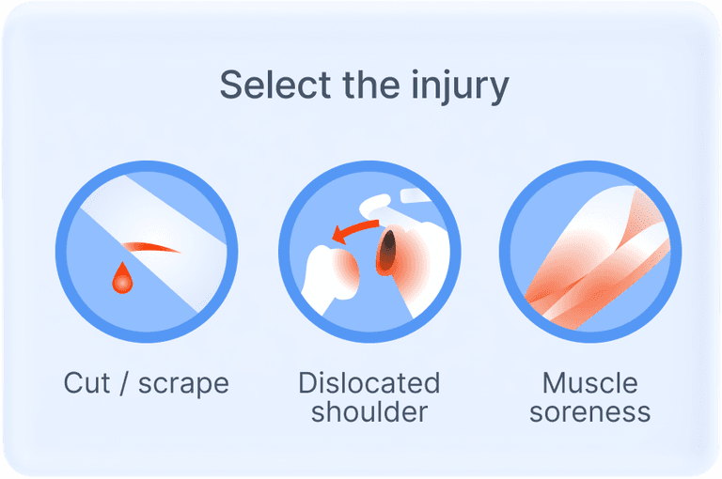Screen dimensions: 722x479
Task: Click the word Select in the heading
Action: (275, 85)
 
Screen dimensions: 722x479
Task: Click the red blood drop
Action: (122, 277)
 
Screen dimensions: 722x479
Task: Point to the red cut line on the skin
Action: (150, 247)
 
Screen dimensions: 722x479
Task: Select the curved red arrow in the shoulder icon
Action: (354, 231)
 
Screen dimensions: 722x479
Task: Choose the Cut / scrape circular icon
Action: (147, 252)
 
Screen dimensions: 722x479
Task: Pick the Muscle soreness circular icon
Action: (590, 252)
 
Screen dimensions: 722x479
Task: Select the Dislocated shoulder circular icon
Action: (369, 252)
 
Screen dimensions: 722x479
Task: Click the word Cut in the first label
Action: (86, 383)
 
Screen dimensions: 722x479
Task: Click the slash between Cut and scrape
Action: (124, 383)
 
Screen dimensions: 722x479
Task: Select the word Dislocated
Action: (369, 383)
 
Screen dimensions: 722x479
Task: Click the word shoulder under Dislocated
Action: (369, 411)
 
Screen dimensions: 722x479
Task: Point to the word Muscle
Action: (589, 383)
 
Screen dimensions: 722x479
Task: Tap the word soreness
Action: (589, 412)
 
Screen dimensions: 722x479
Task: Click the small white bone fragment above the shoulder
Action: (416, 195)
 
